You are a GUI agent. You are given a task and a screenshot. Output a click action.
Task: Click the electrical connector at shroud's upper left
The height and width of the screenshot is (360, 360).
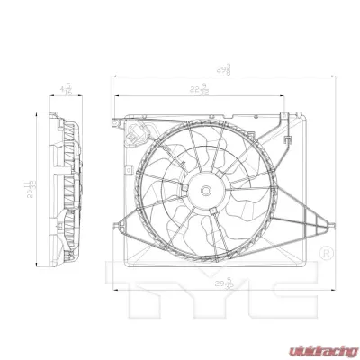coord(133,137)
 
